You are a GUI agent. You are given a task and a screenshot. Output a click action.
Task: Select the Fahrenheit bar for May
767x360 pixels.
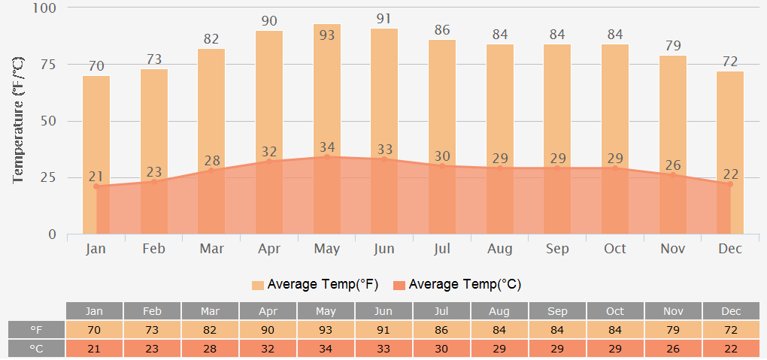(327, 90)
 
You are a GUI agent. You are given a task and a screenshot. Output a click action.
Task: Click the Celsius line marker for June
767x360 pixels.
(384, 159)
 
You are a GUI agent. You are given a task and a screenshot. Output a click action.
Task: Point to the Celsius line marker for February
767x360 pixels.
(154, 182)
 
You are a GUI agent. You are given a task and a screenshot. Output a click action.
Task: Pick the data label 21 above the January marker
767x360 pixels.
(96, 177)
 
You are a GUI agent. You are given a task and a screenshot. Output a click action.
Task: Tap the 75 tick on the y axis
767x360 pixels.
(47, 65)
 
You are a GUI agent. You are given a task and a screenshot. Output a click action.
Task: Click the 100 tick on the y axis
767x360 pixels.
(44, 8)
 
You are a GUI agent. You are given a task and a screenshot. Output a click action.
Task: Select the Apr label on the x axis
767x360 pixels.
(269, 249)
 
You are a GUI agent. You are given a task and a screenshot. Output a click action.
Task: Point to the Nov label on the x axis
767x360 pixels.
(672, 249)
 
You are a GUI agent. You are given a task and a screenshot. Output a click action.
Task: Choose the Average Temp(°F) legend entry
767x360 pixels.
(315, 285)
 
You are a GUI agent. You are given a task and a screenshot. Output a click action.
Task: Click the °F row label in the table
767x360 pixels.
(36, 330)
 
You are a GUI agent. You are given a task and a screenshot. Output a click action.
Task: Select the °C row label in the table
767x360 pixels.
(36, 349)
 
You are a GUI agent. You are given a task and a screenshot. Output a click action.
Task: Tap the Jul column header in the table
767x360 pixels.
(441, 311)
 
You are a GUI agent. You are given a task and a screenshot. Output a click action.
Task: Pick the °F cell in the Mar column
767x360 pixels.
(210, 330)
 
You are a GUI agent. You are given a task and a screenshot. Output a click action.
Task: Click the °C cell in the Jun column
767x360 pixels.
(383, 349)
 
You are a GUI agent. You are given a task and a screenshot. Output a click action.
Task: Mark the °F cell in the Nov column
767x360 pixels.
(673, 330)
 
